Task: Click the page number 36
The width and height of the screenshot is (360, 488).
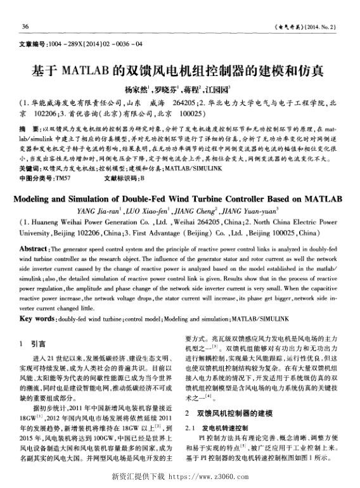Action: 26,26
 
